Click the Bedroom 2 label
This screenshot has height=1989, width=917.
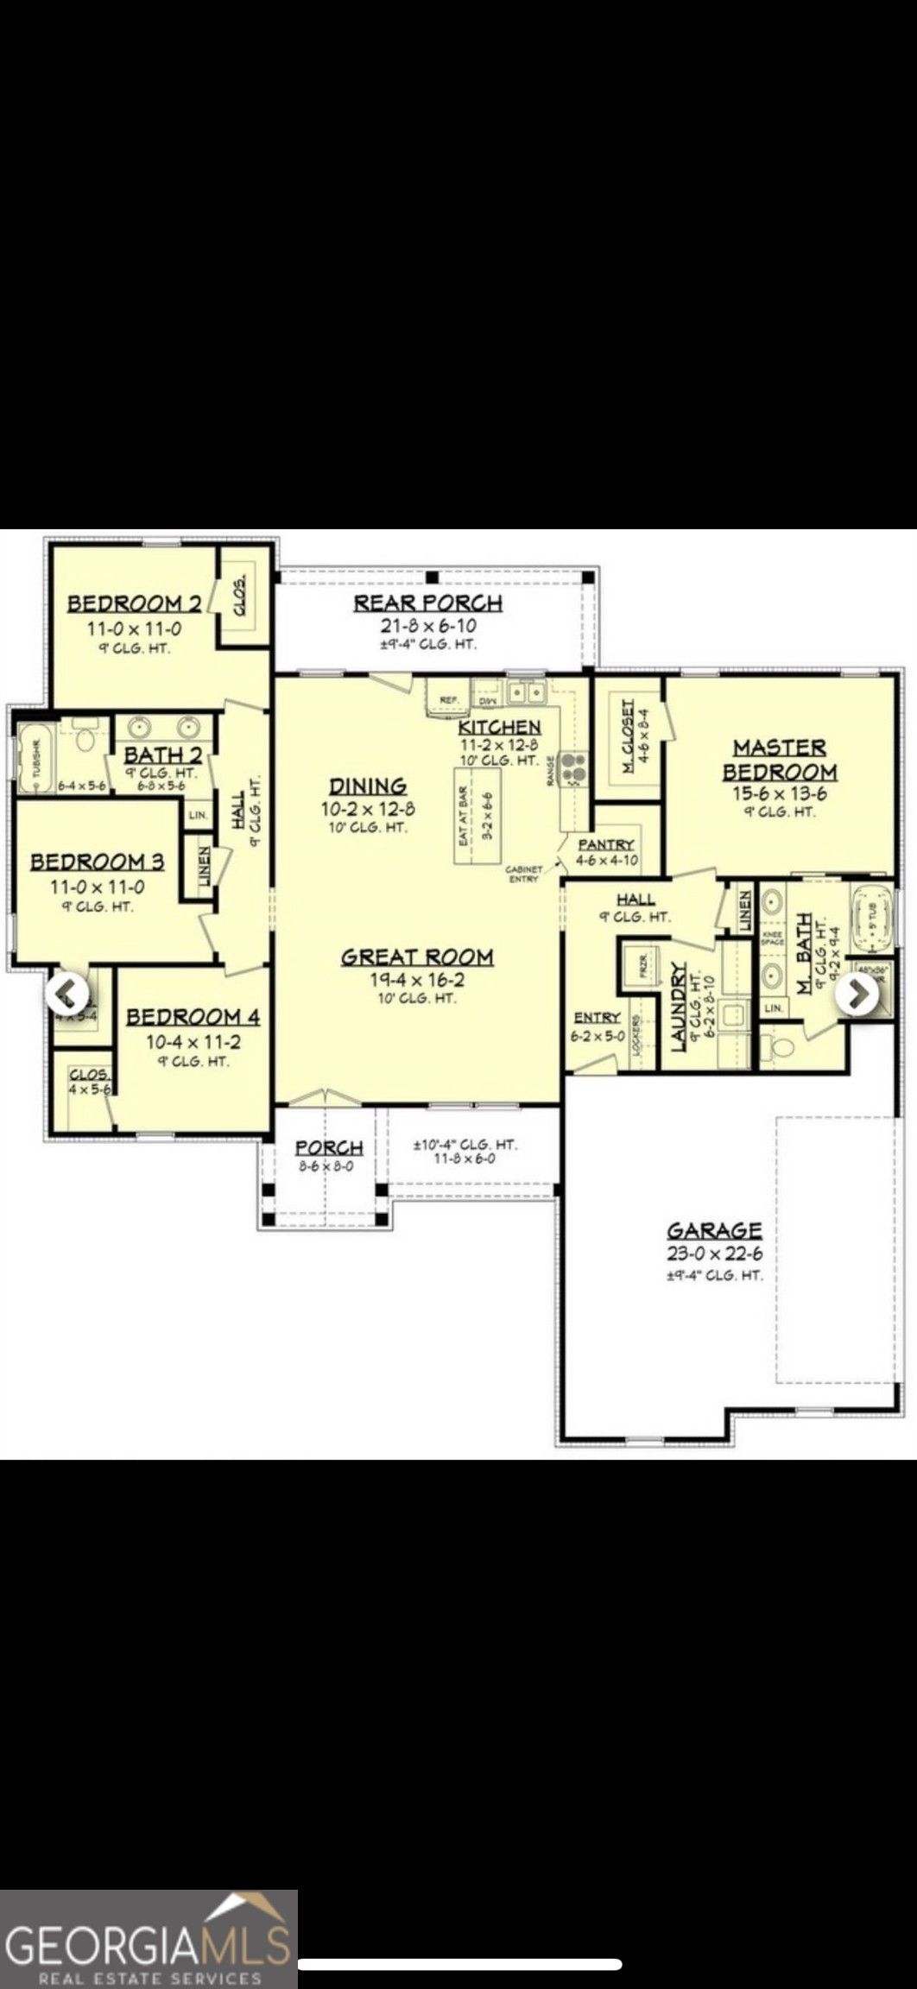(x=135, y=603)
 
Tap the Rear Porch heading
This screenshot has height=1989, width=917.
(x=427, y=603)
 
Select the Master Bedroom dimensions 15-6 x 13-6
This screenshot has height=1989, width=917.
(x=779, y=792)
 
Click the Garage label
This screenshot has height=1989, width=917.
(x=714, y=1229)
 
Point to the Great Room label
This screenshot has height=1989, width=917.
(x=417, y=957)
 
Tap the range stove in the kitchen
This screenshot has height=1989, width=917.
(x=573, y=767)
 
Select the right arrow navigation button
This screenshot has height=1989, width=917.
(x=857, y=994)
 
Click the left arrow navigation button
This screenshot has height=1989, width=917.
(x=66, y=994)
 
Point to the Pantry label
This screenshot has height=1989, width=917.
(x=606, y=844)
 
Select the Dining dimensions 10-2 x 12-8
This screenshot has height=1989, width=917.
(x=368, y=809)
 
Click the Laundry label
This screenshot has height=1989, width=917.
(x=679, y=1007)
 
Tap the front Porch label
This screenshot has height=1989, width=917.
(x=329, y=1147)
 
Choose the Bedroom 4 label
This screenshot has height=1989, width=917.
(x=193, y=1017)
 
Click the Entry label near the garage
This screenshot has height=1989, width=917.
(x=597, y=1018)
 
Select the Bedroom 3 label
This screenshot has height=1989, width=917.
(x=98, y=861)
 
